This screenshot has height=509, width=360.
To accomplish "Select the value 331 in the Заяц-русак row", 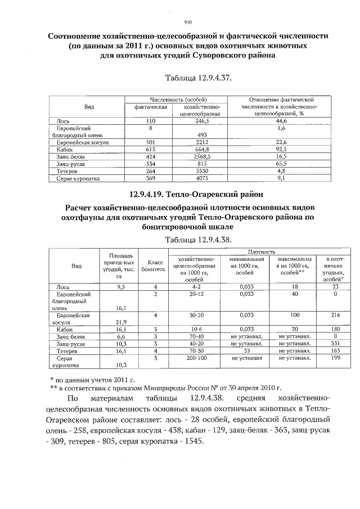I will [335, 343].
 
